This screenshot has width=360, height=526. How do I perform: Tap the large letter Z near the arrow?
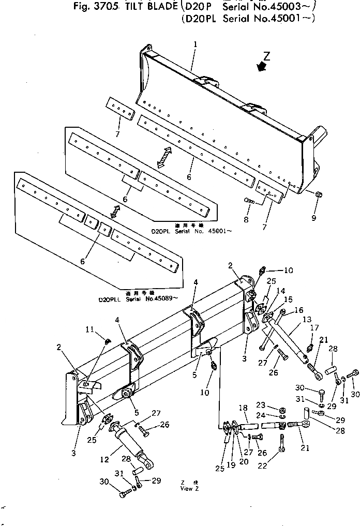coord(266,56)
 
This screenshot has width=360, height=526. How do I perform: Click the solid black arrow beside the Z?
coord(262,67)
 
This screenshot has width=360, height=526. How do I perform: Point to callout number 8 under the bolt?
coord(246,220)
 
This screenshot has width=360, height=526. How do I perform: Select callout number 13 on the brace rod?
coord(307,320)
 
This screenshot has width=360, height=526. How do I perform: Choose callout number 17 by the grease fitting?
coord(314,327)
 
